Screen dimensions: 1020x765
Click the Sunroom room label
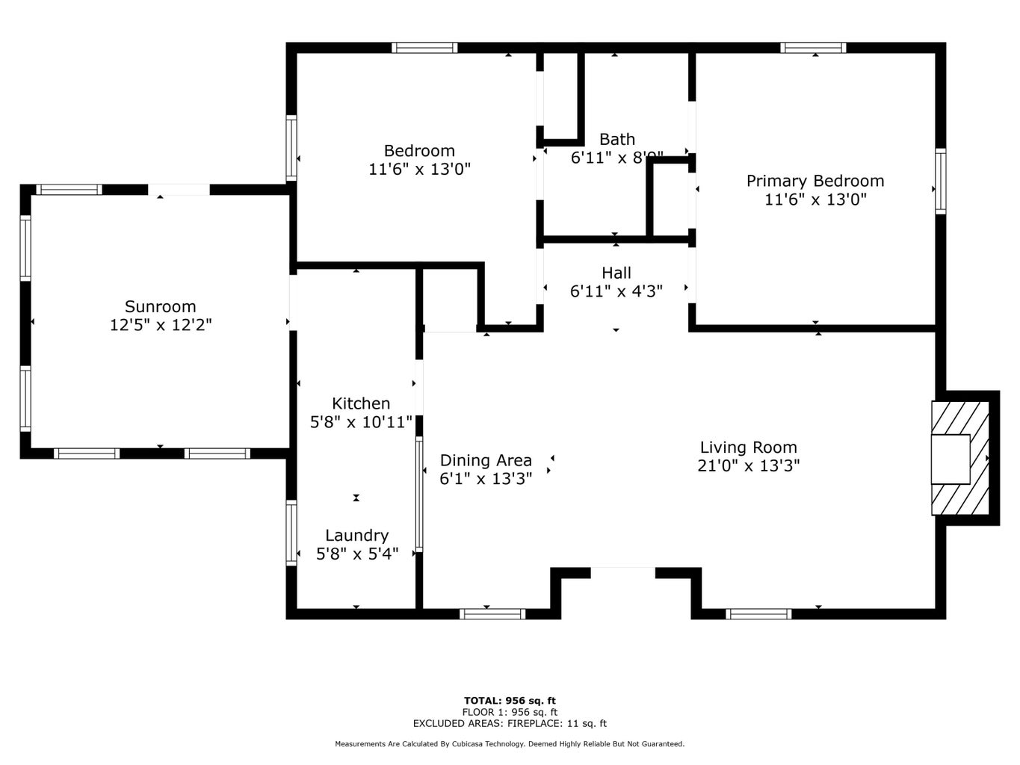pyautogui.click(x=161, y=306)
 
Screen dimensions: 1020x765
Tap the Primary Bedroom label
pyautogui.click(x=815, y=181)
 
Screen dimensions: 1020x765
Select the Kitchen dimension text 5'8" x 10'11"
pyautogui.click(x=361, y=422)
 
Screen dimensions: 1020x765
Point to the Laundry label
pyautogui.click(x=357, y=536)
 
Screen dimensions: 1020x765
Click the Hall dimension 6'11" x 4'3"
pyautogui.click(x=616, y=291)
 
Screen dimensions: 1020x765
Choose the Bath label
pyautogui.click(x=617, y=140)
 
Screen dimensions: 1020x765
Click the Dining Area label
pyautogui.click(x=486, y=460)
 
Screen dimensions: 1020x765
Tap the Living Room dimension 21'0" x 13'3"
pyautogui.click(x=748, y=465)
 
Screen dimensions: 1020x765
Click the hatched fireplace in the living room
pyautogui.click(x=960, y=459)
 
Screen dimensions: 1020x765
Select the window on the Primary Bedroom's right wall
pyautogui.click(x=941, y=181)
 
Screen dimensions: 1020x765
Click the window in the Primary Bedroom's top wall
pyautogui.click(x=813, y=48)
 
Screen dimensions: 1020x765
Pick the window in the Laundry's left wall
pyautogui.click(x=291, y=533)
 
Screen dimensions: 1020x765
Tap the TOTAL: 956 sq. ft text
pyautogui.click(x=510, y=701)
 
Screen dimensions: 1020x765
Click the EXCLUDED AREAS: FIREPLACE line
pyautogui.click(x=510, y=723)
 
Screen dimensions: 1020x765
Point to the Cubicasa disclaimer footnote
pyautogui.click(x=510, y=744)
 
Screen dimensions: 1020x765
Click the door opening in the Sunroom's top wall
pyautogui.click(x=179, y=190)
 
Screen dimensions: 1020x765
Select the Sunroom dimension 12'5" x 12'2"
pyautogui.click(x=161, y=325)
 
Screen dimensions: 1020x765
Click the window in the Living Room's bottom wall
pyautogui.click(x=758, y=614)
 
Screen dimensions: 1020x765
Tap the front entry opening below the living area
pyautogui.click(x=622, y=573)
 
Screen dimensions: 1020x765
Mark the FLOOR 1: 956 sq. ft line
pyautogui.click(x=510, y=712)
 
